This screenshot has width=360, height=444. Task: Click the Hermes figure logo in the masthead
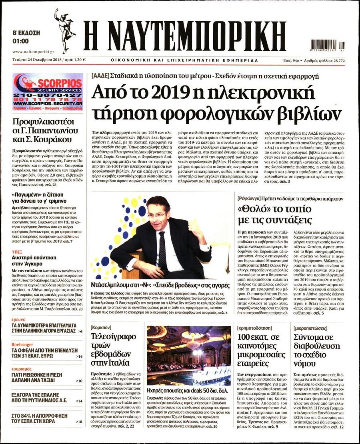coord(65,31)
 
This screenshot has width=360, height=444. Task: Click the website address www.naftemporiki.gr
coord(33,52)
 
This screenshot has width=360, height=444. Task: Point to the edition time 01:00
coord(20,41)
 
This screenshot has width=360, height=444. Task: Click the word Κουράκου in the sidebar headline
coord(53,139)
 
